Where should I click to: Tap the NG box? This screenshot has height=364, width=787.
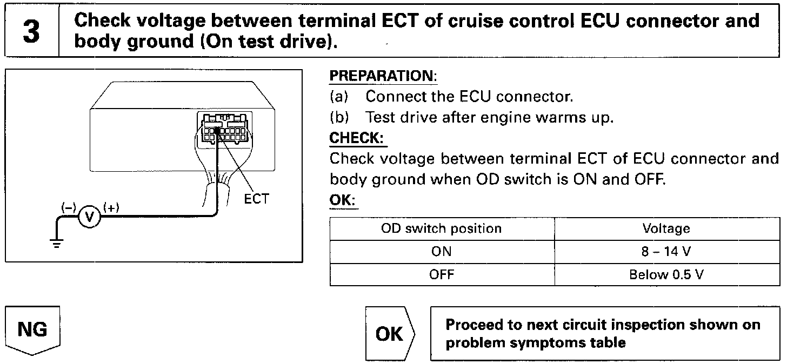click(x=32, y=329)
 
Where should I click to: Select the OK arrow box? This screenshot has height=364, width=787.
click(x=389, y=333)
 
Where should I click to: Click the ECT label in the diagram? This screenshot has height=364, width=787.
click(x=256, y=199)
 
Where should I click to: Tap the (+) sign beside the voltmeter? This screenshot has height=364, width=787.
click(x=111, y=207)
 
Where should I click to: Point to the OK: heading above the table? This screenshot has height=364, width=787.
click(x=343, y=200)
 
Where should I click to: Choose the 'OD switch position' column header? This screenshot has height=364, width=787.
click(x=442, y=228)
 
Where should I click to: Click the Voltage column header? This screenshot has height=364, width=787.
click(x=666, y=228)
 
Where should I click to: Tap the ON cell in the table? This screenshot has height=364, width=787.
click(x=442, y=251)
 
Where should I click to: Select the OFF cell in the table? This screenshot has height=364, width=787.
click(x=442, y=274)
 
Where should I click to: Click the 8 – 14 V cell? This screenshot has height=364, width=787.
click(x=666, y=251)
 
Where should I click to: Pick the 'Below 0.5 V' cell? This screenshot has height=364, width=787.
click(x=666, y=274)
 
